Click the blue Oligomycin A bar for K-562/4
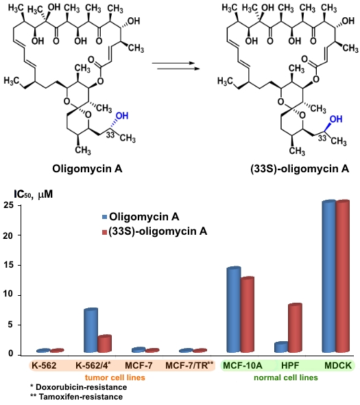point(91,330)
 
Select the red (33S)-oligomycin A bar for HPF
point(295,327)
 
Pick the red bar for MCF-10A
point(248,314)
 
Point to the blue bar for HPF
point(281,347)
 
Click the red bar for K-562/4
point(104,343)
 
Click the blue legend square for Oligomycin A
point(104,217)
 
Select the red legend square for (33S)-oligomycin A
point(104,232)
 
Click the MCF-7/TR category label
point(189,365)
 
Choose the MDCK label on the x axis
point(338,365)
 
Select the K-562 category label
point(44,365)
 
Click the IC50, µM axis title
point(34,194)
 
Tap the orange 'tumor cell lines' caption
point(115,378)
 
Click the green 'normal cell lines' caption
point(286,378)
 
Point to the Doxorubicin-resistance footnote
point(78,387)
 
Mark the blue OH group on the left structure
point(122,116)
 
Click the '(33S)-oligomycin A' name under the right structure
point(300,169)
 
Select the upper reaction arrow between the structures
point(173,62)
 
